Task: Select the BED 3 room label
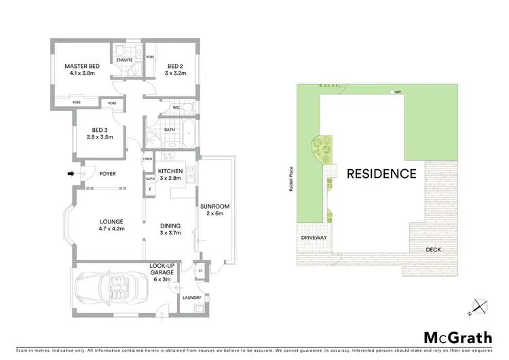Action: click(99, 133)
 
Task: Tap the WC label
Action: click(175, 107)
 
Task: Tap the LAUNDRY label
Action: click(192, 297)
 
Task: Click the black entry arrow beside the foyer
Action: click(71, 174)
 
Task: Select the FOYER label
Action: click(107, 174)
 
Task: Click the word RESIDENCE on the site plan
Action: click(381, 173)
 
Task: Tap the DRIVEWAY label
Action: click(314, 238)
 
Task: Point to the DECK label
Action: click(433, 250)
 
